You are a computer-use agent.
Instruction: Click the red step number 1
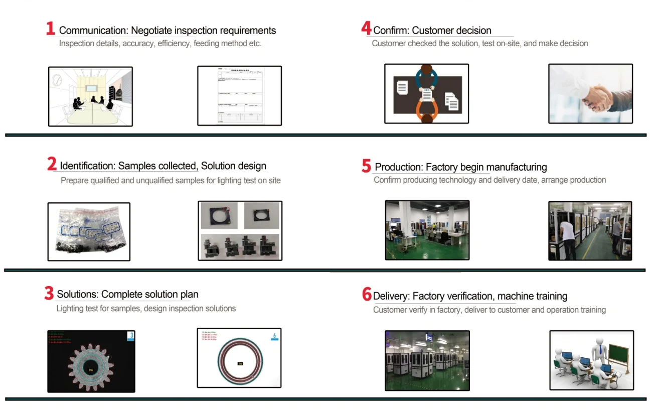point(50,29)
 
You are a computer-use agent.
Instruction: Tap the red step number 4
point(366,29)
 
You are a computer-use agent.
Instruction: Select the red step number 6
point(367,295)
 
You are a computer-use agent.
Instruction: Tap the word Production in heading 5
point(398,167)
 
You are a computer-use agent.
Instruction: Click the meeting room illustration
point(90,96)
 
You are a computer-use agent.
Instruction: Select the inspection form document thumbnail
point(239,95)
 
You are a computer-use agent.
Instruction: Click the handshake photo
point(590,93)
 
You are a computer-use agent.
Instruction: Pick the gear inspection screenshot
point(91,361)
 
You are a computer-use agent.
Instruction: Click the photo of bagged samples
point(89,231)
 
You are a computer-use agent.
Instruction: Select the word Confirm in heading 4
point(390,31)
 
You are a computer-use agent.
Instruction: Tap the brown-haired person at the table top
point(426,69)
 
